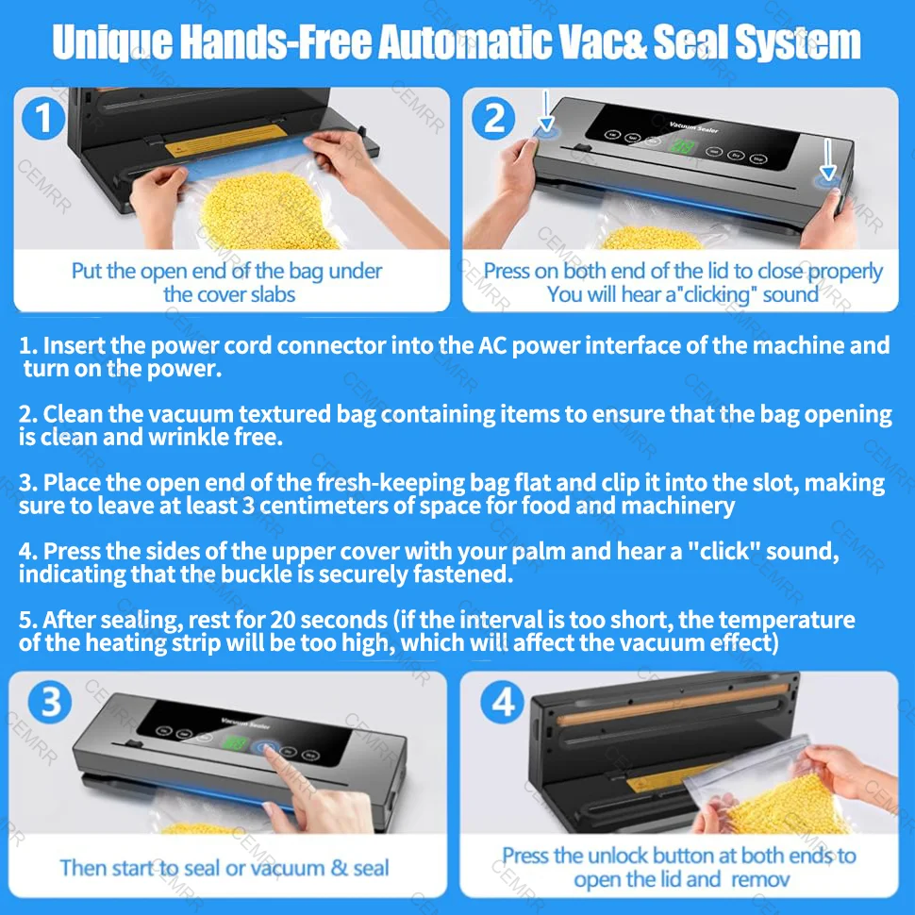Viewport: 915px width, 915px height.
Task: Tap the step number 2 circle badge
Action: pyautogui.click(x=493, y=119)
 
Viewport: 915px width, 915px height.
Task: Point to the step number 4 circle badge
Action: pyautogui.click(x=501, y=703)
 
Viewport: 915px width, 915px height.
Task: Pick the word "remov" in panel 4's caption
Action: pyautogui.click(x=757, y=879)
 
